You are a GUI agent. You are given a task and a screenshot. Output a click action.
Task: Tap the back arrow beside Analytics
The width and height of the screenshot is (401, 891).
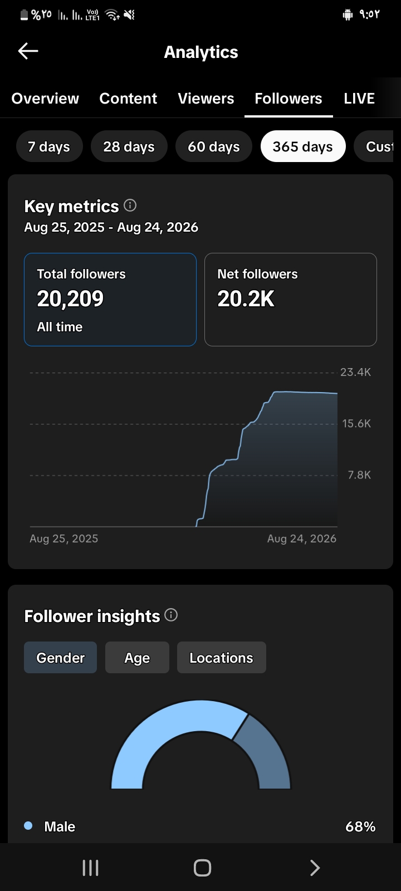(28, 51)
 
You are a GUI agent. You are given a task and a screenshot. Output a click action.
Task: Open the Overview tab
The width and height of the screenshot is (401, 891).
(45, 98)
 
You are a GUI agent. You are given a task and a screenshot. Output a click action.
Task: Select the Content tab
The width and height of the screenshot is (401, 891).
(128, 98)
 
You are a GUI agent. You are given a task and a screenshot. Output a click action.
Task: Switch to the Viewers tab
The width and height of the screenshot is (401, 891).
(206, 98)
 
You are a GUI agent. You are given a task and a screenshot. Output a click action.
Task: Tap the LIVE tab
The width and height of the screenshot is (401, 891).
(359, 98)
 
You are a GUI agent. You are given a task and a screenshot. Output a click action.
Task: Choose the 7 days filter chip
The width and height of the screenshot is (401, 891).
(50, 146)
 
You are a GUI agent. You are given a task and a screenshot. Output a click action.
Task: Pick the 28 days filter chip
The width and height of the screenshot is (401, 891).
(129, 146)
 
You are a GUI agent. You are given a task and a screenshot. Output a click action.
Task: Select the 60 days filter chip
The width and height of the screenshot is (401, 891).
(214, 146)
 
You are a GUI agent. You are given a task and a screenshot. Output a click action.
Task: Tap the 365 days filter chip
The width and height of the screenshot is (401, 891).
(303, 146)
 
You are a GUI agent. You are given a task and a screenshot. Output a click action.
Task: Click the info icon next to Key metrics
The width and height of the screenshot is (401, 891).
(130, 205)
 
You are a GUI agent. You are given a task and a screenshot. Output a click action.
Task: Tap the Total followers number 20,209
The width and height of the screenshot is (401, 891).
(70, 298)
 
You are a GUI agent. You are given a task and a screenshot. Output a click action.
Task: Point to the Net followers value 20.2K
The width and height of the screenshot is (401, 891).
(246, 298)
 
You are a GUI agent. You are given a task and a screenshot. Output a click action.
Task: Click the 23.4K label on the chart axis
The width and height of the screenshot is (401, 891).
(356, 372)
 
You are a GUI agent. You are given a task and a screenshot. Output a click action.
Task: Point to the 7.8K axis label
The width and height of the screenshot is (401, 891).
(359, 474)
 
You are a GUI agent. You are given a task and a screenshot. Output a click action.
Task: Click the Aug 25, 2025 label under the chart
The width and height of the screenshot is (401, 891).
(63, 538)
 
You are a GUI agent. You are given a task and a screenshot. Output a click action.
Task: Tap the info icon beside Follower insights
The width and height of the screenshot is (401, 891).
(171, 615)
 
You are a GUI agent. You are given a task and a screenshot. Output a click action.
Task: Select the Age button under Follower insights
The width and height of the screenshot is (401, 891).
(137, 658)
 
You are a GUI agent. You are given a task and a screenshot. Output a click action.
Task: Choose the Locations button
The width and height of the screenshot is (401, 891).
(222, 658)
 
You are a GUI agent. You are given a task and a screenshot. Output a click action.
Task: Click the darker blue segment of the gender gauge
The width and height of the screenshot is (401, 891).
(266, 752)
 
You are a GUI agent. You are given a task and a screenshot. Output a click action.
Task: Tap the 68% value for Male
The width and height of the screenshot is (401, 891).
(360, 826)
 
